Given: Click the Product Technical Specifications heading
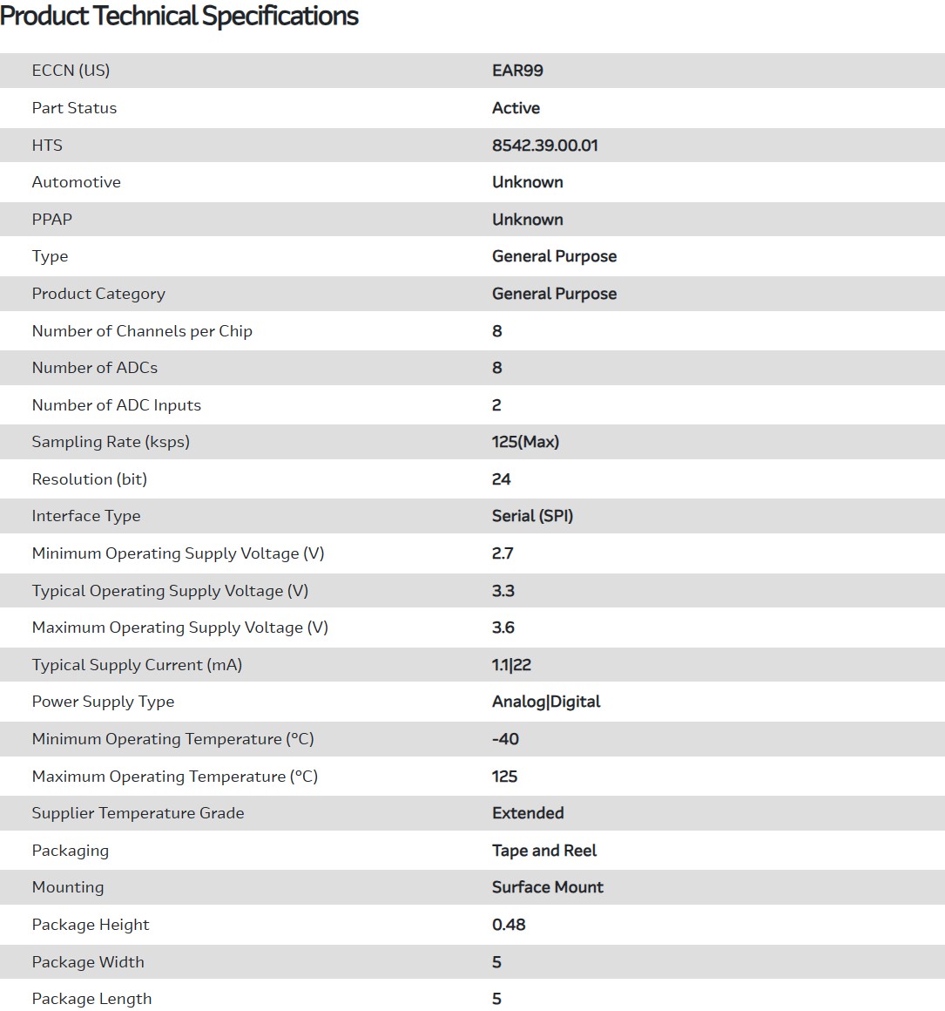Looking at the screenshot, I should pyautogui.click(x=179, y=17).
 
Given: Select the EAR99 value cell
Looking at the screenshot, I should pyautogui.click(x=517, y=71).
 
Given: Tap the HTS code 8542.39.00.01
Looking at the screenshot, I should pyautogui.click(x=544, y=146).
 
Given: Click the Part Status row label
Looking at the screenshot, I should pyautogui.click(x=74, y=108).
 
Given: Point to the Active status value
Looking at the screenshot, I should pyautogui.click(x=516, y=108).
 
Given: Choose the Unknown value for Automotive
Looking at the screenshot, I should pyautogui.click(x=527, y=182).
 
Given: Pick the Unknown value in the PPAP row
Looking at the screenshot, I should pyautogui.click(x=527, y=220).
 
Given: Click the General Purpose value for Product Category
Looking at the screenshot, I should pyautogui.click(x=554, y=294).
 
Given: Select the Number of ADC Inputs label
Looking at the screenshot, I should pyautogui.click(x=116, y=405).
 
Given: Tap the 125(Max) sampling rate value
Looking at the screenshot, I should pyautogui.click(x=525, y=442).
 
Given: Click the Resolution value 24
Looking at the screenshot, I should pyautogui.click(x=501, y=479).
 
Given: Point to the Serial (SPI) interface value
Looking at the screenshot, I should pyautogui.click(x=532, y=516).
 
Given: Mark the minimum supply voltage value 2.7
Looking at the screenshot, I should pyautogui.click(x=503, y=553).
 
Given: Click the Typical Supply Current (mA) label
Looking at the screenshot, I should pyautogui.click(x=137, y=665).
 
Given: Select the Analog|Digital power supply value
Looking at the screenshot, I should pyautogui.click(x=546, y=702).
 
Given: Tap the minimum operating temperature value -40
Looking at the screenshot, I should pyautogui.click(x=505, y=739).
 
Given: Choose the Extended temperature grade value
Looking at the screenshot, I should pyautogui.click(x=528, y=813).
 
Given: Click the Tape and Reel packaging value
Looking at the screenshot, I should pyautogui.click(x=544, y=851).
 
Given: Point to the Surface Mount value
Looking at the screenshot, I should pyautogui.click(x=547, y=887).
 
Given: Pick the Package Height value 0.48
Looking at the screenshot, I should pyautogui.click(x=509, y=925).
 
